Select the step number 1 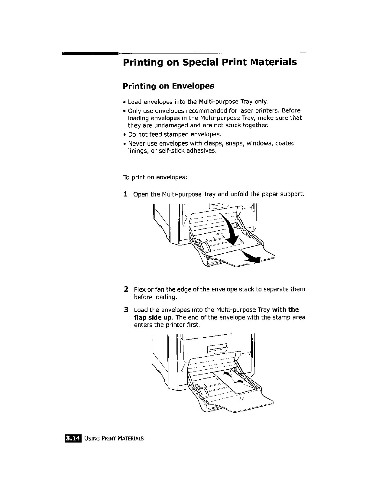tap(125, 194)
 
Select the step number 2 tap(126, 289)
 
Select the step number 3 tap(126, 310)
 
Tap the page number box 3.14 tap(73, 438)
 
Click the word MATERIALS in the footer tap(131, 439)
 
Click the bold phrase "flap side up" tap(153, 318)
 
